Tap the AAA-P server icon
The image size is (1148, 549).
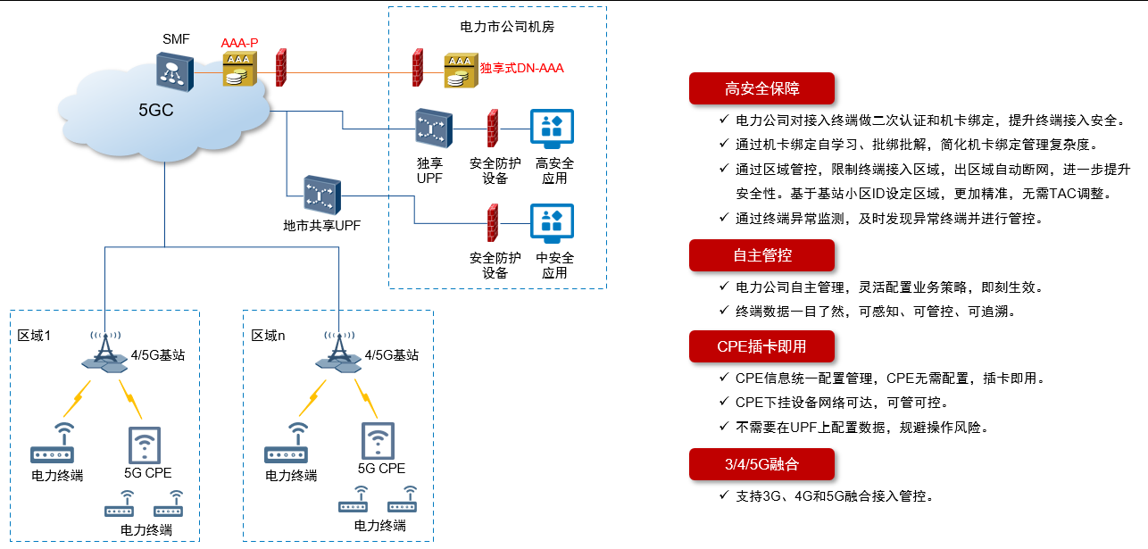pyautogui.click(x=237, y=70)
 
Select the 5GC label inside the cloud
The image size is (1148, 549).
pyautogui.click(x=155, y=111)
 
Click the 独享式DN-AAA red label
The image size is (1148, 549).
pyautogui.click(x=522, y=68)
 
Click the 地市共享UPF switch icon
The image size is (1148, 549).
pyautogui.click(x=322, y=194)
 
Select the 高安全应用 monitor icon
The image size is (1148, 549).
pyautogui.click(x=553, y=130)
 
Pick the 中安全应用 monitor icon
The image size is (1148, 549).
pyautogui.click(x=553, y=224)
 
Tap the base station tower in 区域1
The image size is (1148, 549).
pyautogui.click(x=105, y=352)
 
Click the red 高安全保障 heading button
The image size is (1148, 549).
pyautogui.click(x=761, y=88)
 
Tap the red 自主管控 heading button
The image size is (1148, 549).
pyautogui.click(x=761, y=255)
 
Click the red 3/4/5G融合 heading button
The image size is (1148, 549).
pyautogui.click(x=761, y=464)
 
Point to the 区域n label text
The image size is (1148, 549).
pyautogui.click(x=269, y=336)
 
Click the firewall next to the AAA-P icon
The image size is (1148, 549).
pyautogui.click(x=280, y=67)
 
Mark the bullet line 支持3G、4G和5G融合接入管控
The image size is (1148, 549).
pyautogui.click(x=835, y=496)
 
